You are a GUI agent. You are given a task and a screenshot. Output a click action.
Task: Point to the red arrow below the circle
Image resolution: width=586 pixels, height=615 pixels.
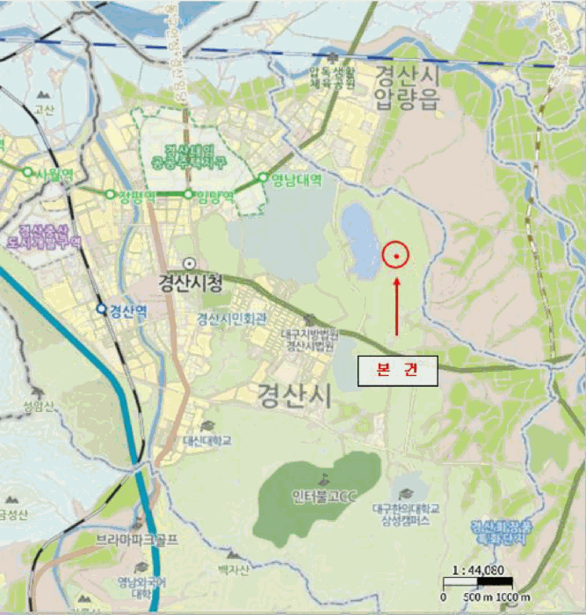[x=396, y=307]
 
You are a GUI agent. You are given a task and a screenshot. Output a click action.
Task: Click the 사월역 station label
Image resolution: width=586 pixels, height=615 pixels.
[x=53, y=174]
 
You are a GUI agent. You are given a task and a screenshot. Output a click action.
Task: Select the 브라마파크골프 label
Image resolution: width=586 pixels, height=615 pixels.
[x=137, y=539]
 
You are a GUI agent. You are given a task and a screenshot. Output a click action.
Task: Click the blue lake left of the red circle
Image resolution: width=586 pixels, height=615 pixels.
[x=361, y=239]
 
